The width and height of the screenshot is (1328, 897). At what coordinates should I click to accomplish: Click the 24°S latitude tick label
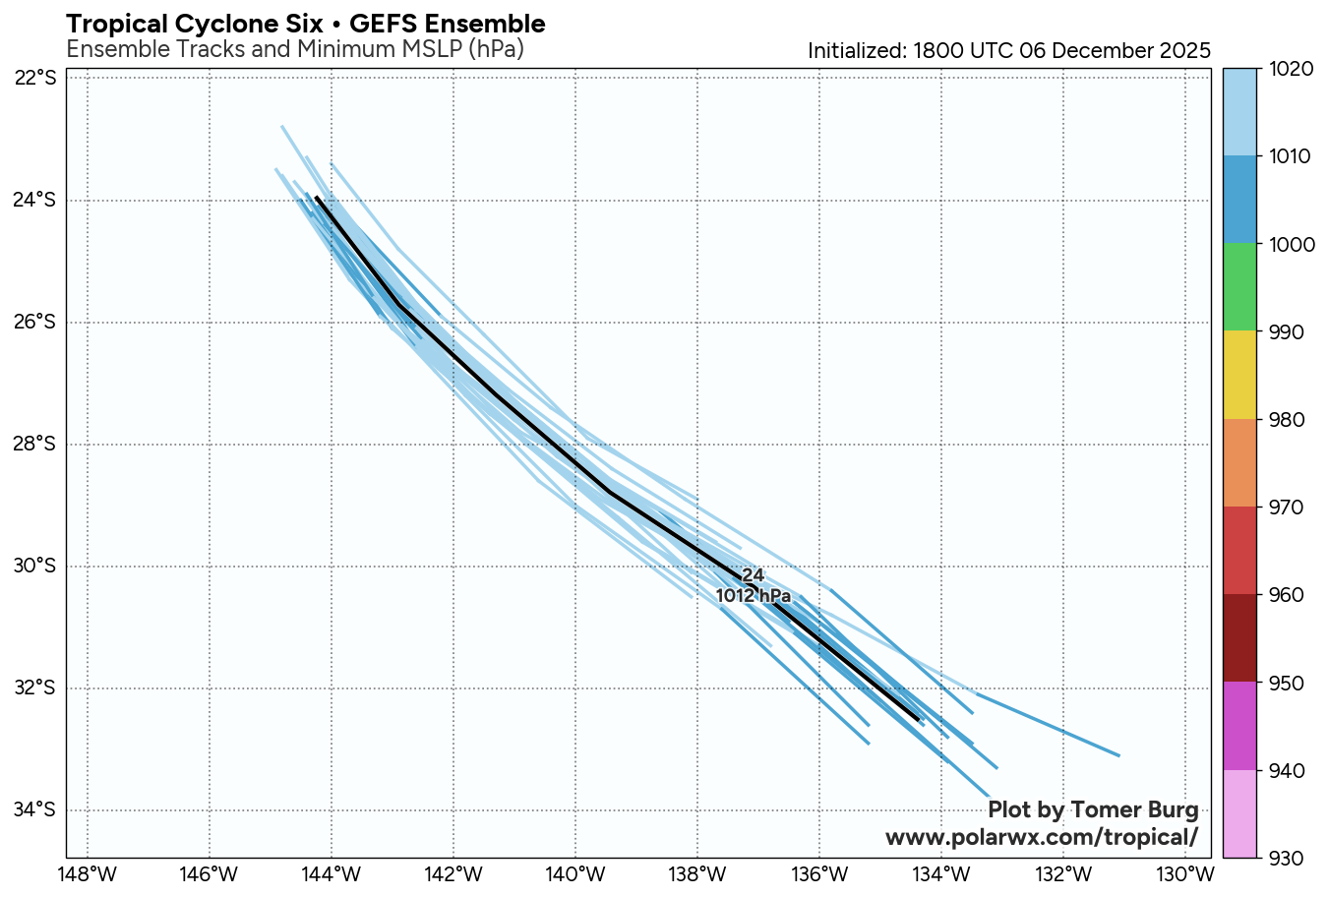[35, 201]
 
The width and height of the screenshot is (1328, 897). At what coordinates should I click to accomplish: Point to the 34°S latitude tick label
[35, 810]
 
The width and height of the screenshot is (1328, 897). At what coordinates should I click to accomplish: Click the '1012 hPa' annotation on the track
[754, 596]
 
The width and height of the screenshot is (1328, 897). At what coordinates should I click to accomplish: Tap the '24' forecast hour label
[753, 575]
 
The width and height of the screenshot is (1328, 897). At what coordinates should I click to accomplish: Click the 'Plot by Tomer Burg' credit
[1093, 810]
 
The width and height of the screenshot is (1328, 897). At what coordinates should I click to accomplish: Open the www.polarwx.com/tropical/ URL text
[1042, 837]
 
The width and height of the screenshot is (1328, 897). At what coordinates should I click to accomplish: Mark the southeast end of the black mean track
[919, 720]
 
